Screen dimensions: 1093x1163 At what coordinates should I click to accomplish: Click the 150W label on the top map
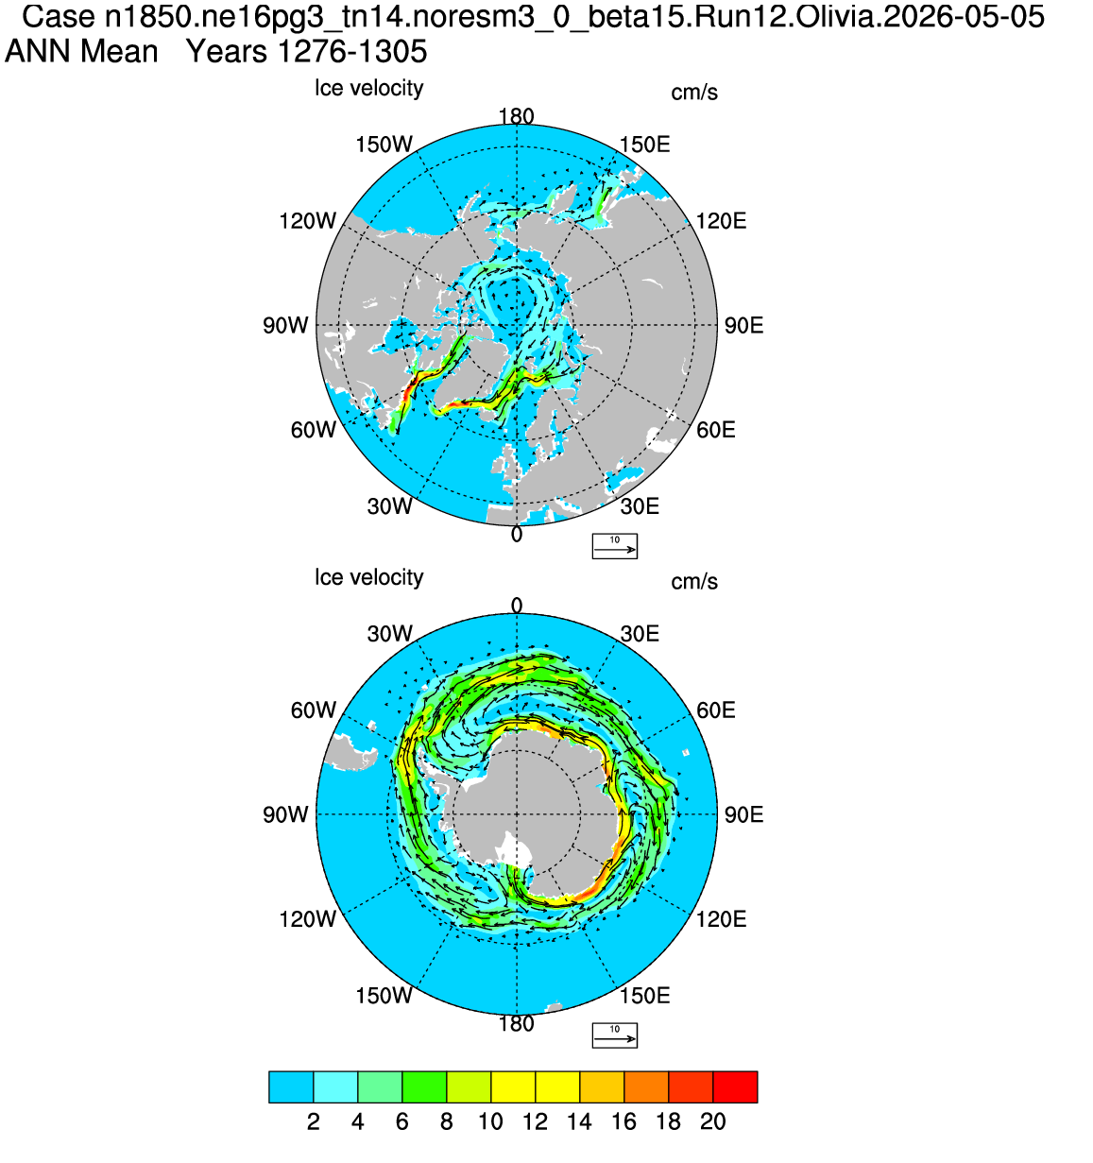384,145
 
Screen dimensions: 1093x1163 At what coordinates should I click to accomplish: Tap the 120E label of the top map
721,221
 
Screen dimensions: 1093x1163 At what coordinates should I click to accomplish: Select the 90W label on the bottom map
285,814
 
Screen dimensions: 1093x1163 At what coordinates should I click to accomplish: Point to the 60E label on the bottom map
716,710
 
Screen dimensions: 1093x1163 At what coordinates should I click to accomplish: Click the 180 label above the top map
516,116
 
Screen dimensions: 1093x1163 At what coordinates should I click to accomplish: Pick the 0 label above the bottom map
516,606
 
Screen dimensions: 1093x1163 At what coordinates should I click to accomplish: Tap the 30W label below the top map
389,506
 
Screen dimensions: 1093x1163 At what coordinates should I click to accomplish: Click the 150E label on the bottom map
645,995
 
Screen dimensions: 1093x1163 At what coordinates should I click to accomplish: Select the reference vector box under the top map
614,546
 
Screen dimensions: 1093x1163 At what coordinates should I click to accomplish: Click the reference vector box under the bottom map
614,1035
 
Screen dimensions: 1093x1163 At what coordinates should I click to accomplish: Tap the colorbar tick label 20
713,1121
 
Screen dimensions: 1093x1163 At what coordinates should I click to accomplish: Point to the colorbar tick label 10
490,1121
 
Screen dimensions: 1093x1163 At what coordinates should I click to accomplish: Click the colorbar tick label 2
314,1121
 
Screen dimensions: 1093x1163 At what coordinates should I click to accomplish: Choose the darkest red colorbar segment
735,1086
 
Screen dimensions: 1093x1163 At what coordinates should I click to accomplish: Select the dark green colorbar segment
424,1086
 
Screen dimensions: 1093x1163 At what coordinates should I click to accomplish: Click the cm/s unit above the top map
694,93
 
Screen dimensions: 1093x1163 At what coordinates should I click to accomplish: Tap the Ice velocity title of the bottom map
369,577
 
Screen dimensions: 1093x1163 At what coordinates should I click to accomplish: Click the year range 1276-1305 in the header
352,52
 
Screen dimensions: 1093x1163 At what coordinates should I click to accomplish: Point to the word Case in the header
59,17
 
